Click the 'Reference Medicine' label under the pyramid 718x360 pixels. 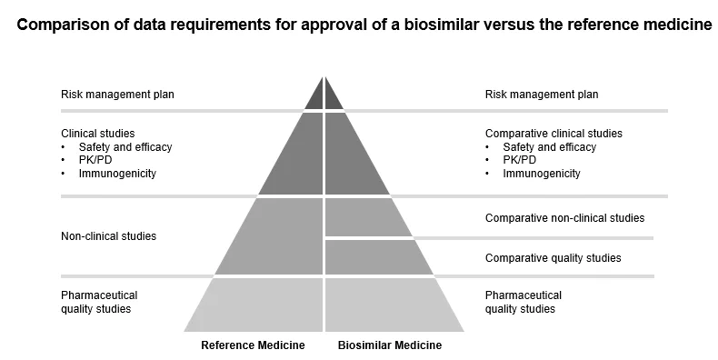click(x=253, y=345)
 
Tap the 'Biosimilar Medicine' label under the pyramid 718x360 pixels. click(x=390, y=345)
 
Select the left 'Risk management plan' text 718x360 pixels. click(x=117, y=95)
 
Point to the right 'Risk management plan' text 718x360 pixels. click(x=542, y=95)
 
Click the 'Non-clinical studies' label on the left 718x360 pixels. click(x=108, y=236)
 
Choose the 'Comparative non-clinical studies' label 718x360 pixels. click(x=564, y=218)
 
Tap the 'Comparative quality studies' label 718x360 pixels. click(x=553, y=258)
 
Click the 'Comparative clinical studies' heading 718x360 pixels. click(x=553, y=134)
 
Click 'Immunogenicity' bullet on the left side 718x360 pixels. click(x=117, y=173)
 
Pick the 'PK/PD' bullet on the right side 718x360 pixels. click(x=520, y=160)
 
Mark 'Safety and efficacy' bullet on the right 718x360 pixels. click(x=549, y=147)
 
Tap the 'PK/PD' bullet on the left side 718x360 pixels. click(x=95, y=160)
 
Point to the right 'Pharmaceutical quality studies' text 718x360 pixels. click(x=524, y=302)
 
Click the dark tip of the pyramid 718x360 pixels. click(x=324, y=95)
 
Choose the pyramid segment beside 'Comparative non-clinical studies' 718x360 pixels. click(x=364, y=218)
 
